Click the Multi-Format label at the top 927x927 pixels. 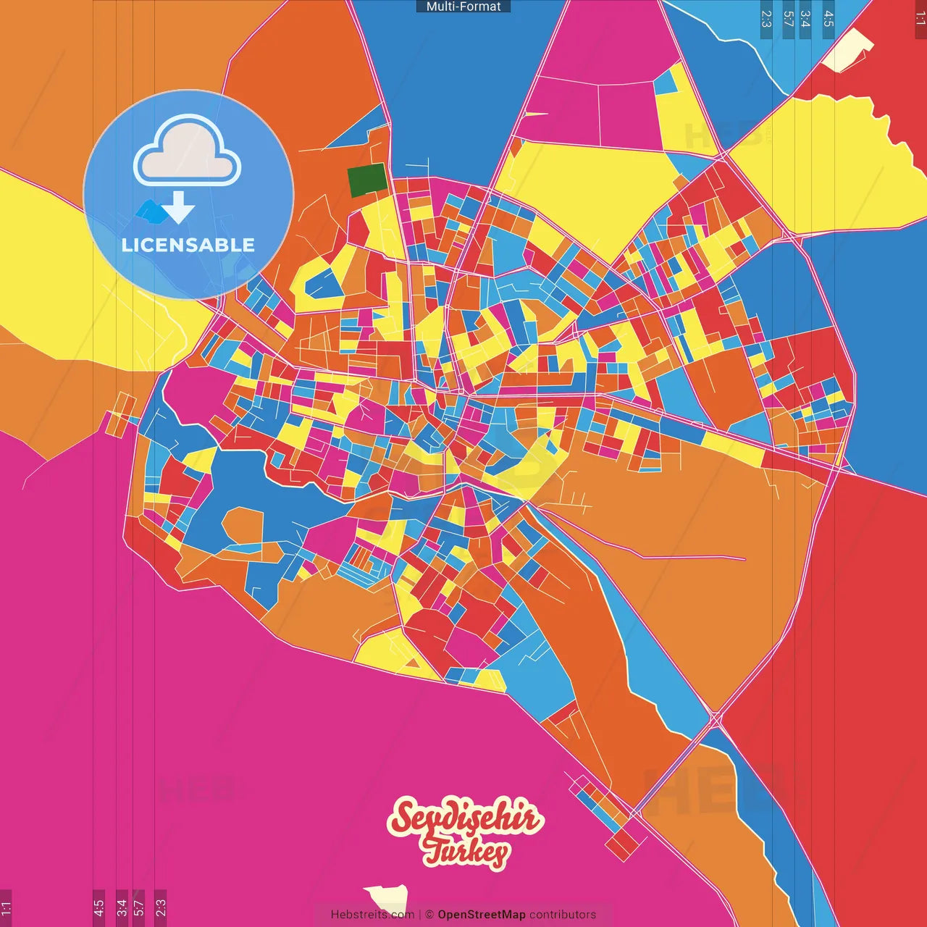(x=463, y=7)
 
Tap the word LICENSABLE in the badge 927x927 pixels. (x=188, y=245)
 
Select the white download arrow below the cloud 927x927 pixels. (x=178, y=208)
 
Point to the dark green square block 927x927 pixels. (x=367, y=180)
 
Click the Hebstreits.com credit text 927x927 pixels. (x=372, y=915)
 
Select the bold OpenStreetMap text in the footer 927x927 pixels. (x=481, y=915)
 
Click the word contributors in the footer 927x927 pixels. (x=562, y=915)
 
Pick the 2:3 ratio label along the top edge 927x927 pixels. (x=766, y=19)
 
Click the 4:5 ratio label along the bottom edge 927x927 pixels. (x=98, y=907)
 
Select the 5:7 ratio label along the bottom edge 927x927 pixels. (x=139, y=907)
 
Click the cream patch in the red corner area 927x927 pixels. (x=849, y=51)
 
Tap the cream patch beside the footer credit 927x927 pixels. (x=386, y=897)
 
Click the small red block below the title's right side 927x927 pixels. (x=621, y=843)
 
